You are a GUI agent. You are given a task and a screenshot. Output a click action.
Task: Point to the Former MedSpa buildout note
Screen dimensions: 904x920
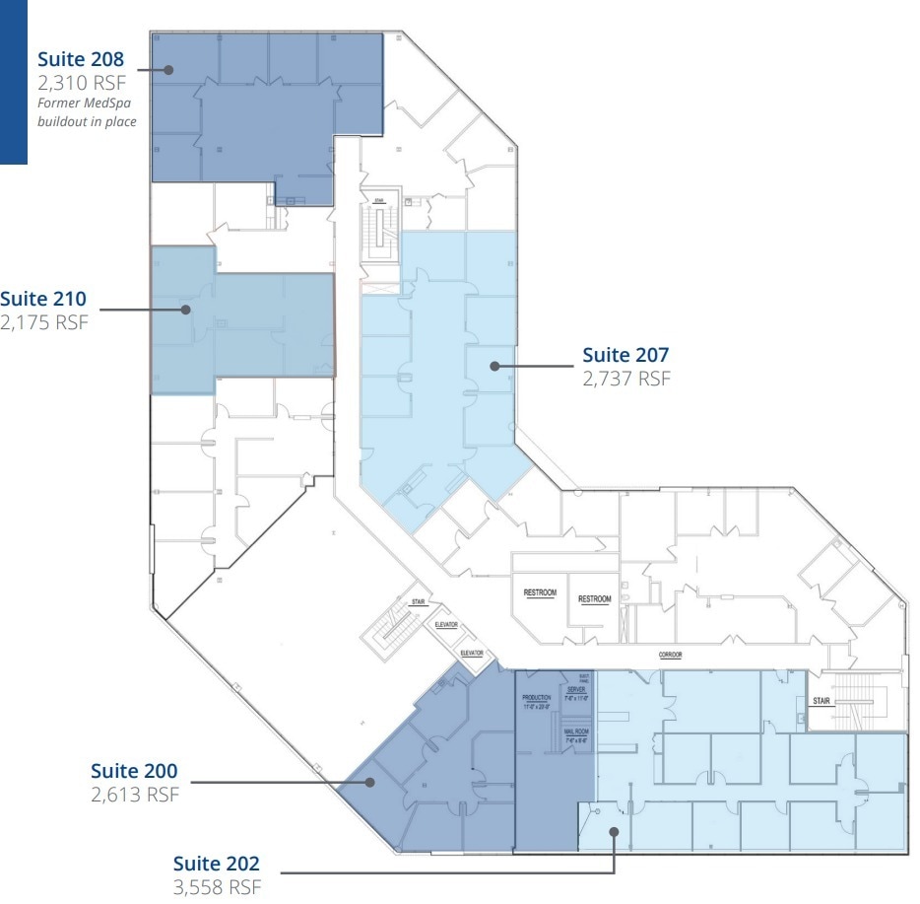87,112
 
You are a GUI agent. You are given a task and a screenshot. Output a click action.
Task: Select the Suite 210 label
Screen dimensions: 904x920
42,299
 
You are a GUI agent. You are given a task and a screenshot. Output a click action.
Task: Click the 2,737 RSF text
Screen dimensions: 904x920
626,379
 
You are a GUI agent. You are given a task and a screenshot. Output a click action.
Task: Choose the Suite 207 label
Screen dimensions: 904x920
625,354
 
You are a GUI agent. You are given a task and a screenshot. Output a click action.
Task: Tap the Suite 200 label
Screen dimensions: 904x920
134,770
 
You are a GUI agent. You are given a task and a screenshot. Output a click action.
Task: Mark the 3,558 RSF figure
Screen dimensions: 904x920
217,887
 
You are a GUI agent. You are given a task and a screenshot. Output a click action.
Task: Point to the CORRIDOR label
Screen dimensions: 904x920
671,655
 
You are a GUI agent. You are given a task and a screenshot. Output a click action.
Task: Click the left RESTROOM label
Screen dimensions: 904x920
540,593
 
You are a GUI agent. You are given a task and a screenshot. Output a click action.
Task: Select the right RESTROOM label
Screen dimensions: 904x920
594,598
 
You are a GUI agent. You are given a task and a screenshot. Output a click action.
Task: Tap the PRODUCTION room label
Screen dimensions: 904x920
538,699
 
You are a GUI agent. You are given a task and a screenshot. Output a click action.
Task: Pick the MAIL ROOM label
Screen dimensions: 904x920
576,730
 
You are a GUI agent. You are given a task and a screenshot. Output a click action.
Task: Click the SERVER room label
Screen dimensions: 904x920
576,690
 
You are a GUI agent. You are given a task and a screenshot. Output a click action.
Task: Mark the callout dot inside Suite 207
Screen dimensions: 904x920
494,366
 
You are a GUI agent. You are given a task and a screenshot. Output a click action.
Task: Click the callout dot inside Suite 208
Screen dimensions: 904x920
168,70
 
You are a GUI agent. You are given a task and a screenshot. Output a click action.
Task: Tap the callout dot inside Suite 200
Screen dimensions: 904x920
371,783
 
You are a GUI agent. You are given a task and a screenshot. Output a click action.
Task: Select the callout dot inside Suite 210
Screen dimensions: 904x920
184,310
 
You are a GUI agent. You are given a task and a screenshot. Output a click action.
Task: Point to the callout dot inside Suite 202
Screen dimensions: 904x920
615,831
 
